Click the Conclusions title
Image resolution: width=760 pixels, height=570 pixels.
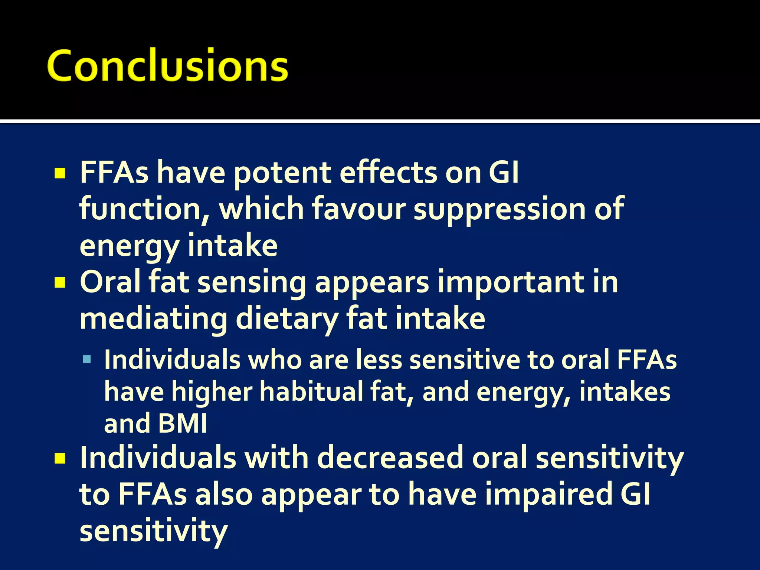pyautogui.click(x=168, y=65)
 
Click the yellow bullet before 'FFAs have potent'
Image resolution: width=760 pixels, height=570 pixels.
pyautogui.click(x=60, y=173)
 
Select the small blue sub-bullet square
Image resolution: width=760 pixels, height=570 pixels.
pyautogui.click(x=87, y=359)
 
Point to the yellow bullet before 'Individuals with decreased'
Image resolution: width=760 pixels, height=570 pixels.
pyautogui.click(x=60, y=459)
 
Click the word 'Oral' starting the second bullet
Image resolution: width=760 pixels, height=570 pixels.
pyautogui.click(x=110, y=282)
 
